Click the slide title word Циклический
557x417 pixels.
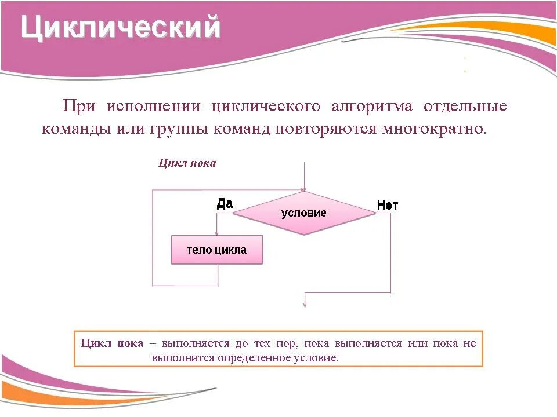coord(121,27)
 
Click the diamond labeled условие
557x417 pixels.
coord(304,213)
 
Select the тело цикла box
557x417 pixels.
coord(216,250)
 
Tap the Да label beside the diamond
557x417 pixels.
coord(225,203)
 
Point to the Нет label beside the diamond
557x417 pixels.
coord(387,205)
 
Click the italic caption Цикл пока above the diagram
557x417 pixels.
coord(187,163)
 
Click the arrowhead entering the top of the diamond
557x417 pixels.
coord(303,189)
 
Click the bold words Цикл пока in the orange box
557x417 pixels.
coord(113,343)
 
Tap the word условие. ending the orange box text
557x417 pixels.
coord(317,357)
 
